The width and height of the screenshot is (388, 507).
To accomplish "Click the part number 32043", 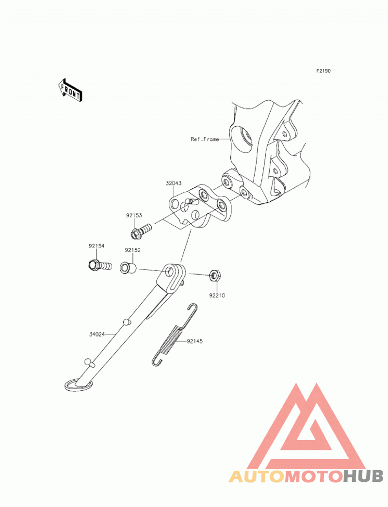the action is [x=174, y=183].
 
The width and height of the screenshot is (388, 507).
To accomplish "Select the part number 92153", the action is [x=134, y=215].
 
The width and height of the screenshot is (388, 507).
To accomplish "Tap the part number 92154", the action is [x=97, y=246].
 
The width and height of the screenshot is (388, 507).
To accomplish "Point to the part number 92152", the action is [x=133, y=250].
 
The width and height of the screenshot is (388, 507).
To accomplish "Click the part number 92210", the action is [x=217, y=295].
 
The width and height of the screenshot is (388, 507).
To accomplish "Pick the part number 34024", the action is [x=97, y=334].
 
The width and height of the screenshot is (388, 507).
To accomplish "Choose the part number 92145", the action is [x=194, y=341].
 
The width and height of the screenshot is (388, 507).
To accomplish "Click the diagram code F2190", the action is [x=323, y=71].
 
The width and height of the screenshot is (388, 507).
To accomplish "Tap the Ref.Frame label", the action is [x=205, y=139].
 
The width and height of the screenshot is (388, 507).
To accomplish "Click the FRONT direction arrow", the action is [x=70, y=90].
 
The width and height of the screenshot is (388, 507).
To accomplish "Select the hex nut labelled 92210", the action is [x=215, y=275].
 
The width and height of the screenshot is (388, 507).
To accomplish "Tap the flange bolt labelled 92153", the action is [x=141, y=229].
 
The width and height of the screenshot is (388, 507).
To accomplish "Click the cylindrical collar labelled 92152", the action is [x=128, y=268].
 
